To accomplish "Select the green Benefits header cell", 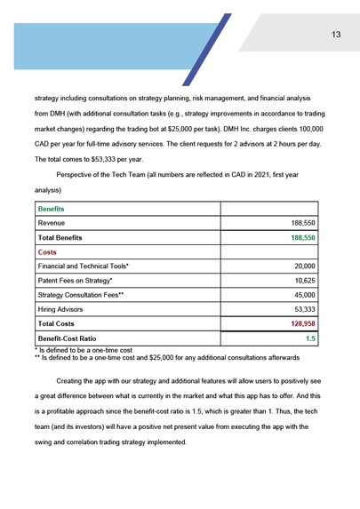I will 52,208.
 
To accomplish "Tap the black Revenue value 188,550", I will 303,223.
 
